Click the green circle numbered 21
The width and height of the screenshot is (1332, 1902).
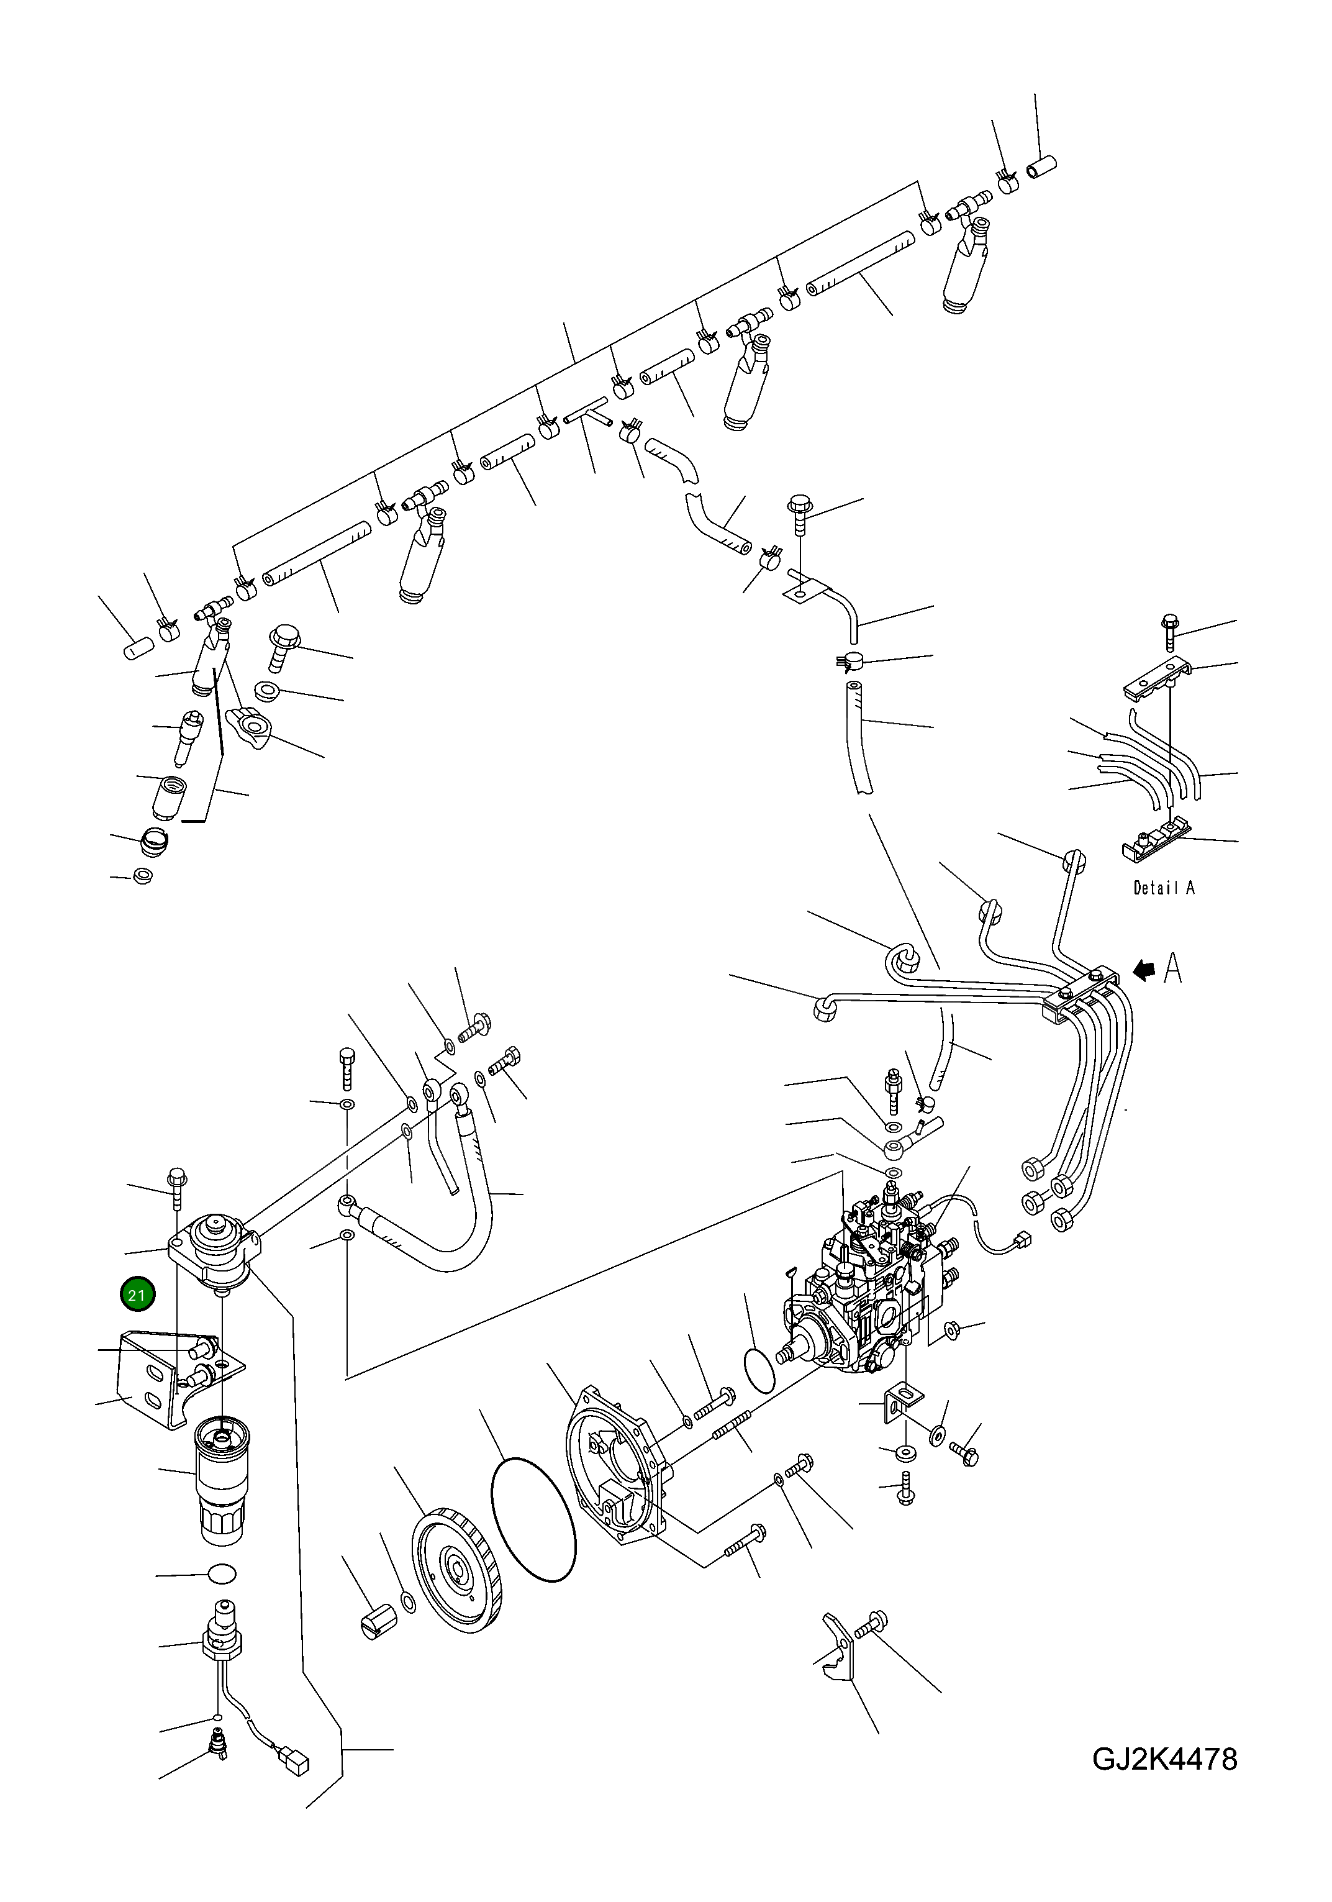pos(137,1295)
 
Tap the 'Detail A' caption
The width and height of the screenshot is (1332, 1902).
pos(1163,887)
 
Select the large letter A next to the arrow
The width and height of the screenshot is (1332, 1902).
pos(1172,968)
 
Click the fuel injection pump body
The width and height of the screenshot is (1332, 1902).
pos(866,1296)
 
